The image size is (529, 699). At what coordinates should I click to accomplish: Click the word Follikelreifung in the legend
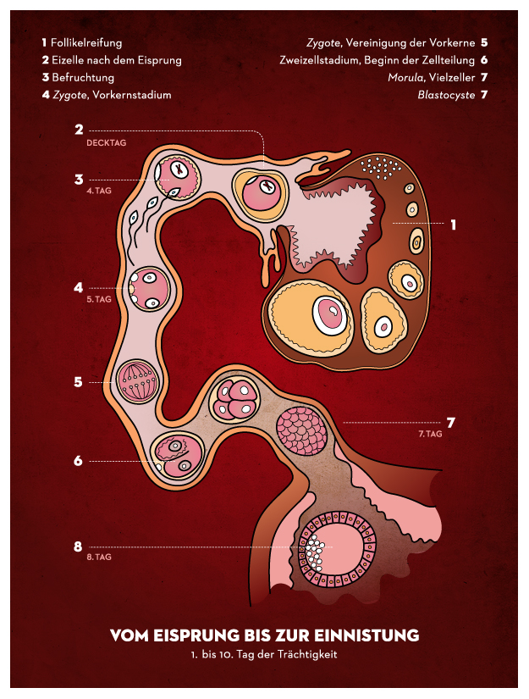[86, 42]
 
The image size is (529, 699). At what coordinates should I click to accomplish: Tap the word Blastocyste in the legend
[445, 95]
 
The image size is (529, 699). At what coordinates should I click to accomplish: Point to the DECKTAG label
[106, 143]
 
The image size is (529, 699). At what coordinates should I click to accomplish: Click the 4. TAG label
[99, 191]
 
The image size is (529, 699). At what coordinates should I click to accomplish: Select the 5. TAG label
[99, 299]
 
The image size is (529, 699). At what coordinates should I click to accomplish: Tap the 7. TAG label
[431, 434]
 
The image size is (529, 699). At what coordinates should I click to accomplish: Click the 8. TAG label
[99, 558]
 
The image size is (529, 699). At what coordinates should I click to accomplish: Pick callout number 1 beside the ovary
[454, 225]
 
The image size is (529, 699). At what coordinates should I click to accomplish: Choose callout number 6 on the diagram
[78, 461]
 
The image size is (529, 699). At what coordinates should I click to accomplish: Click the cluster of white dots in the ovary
[379, 167]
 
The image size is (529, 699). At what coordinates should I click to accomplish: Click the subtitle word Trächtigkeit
[307, 655]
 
